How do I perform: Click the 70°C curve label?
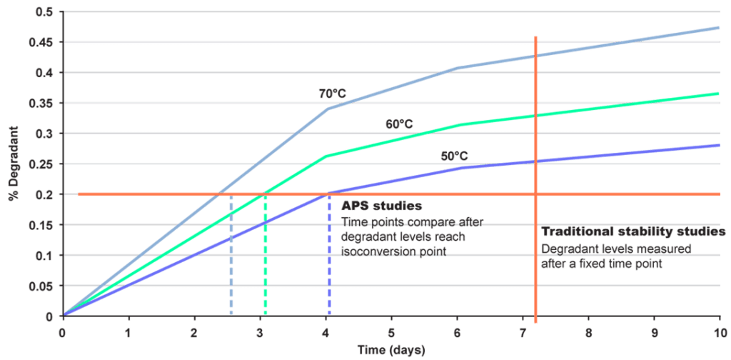(x=331, y=94)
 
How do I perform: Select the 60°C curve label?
(x=399, y=124)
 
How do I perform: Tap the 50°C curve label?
(x=455, y=156)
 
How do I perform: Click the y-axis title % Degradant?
(x=14, y=164)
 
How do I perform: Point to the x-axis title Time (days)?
(x=392, y=351)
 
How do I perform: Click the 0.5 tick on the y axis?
(x=44, y=12)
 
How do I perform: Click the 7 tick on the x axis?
(x=523, y=331)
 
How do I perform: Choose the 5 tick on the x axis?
(x=391, y=331)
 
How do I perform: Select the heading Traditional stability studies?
(x=633, y=233)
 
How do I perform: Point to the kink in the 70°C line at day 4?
(x=326, y=108)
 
